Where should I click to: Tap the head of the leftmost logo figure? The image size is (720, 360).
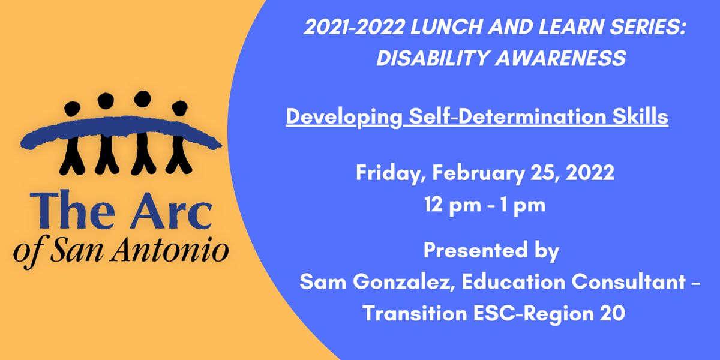click(72, 110)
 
